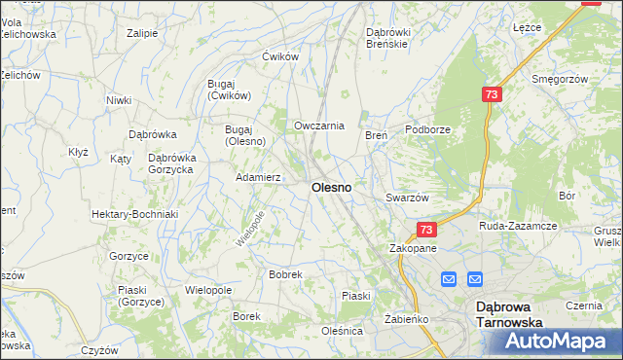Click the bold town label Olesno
tap(331, 186)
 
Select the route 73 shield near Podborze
tap(491, 93)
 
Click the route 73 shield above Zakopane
tap(425, 229)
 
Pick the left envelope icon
tap(448, 279)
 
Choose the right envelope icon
tap(474, 279)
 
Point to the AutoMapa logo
tap(560, 342)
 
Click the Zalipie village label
tap(142, 33)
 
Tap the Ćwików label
tap(279, 56)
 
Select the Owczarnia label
tap(319, 126)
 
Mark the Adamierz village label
tap(259, 178)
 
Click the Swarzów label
tap(407, 198)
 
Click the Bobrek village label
tap(285, 275)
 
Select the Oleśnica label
tap(342, 331)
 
